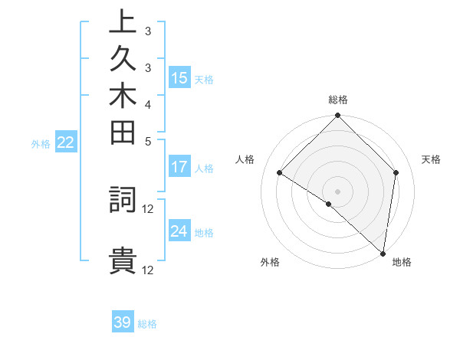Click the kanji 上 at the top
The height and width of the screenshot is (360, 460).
pos(123,23)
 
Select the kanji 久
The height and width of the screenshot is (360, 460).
pos(123,61)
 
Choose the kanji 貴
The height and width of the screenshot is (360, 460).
pos(123,261)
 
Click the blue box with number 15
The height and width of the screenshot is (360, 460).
pos(179,77)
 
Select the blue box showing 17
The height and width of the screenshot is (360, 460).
pos(179,167)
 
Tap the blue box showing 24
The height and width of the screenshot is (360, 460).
pos(179,231)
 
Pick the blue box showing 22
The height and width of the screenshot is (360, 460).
pos(66,142)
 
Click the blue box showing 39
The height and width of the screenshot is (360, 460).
pos(123,322)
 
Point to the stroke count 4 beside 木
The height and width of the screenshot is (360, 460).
pos(148,103)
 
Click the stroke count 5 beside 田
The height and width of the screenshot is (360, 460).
pos(148,141)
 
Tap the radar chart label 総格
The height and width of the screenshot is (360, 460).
pos(338,100)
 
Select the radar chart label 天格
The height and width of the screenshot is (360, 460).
pos(431,159)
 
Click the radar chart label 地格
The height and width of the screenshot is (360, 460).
pos(402,262)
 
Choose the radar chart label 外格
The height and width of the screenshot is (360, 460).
pos(270,262)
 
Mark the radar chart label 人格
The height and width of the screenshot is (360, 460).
pos(245,159)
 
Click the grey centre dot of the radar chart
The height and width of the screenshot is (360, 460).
pos(338,191)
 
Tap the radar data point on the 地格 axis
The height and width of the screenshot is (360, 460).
pos(383,252)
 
